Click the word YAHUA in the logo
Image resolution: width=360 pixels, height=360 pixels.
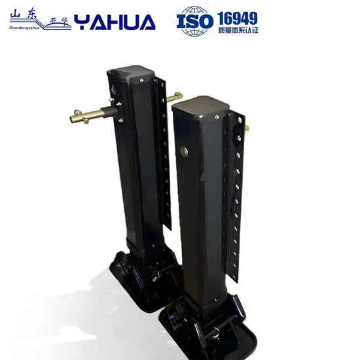point(115,23)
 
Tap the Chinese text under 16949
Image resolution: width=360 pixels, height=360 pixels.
point(236,30)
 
